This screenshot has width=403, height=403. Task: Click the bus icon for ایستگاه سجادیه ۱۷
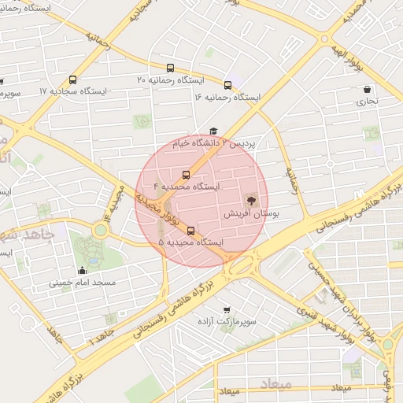click(x=73, y=79)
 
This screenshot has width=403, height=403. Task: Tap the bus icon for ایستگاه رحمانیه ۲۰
click(x=171, y=68)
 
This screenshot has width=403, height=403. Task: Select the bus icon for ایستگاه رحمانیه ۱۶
click(x=228, y=85)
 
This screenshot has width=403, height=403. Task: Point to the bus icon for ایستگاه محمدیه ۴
click(x=187, y=174)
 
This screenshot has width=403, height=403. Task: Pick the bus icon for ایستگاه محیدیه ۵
click(x=191, y=231)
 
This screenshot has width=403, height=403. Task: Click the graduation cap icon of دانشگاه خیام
click(x=213, y=132)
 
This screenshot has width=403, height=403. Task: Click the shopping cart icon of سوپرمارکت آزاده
click(x=227, y=309)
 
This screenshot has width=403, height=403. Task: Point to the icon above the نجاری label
click(x=368, y=90)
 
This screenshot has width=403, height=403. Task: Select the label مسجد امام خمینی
click(x=83, y=282)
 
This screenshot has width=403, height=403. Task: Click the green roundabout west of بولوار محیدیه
click(x=100, y=231)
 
